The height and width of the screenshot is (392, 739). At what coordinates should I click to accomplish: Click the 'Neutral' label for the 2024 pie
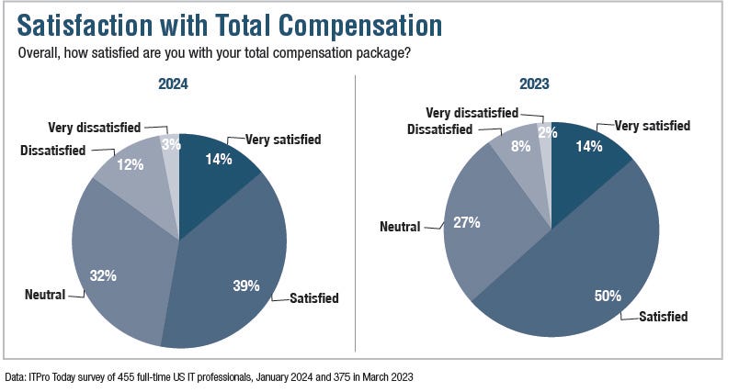[x=45, y=296]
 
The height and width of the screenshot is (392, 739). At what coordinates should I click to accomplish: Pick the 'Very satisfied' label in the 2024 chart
[x=283, y=140]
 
